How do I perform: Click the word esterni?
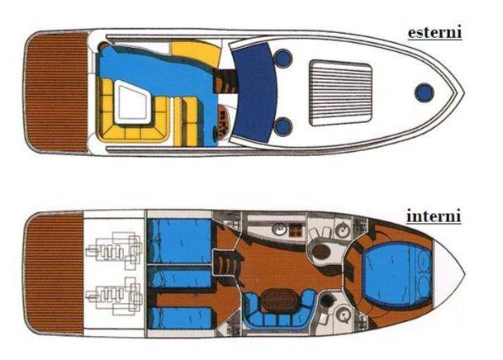point(434,32)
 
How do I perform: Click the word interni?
point(434,216)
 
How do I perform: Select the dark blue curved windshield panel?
point(255,92)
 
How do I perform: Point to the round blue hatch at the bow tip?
point(424,92)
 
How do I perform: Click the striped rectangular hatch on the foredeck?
point(340,93)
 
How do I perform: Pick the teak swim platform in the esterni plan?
point(56,92)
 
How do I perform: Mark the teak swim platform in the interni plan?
point(55,274)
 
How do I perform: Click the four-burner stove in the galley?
point(296,230)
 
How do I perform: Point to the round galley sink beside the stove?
point(279,230)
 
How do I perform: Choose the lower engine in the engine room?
point(115,296)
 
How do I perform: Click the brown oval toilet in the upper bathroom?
point(322,252)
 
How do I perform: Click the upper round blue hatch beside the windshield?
point(283,58)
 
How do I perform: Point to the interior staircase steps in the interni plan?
point(225,263)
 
